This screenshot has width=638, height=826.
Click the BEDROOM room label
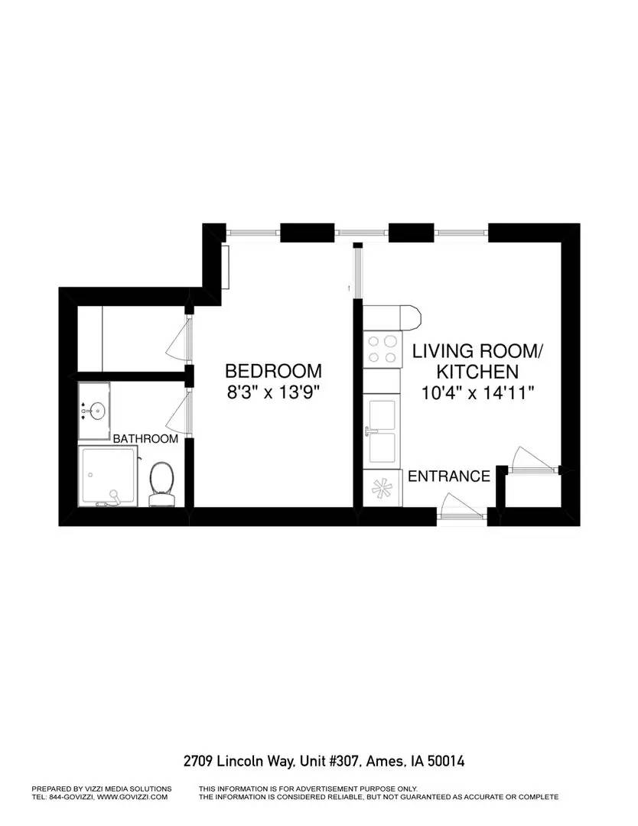[x=273, y=371]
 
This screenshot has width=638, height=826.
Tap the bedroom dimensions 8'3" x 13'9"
[x=273, y=393]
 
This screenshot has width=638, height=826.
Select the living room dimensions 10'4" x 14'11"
[x=477, y=393]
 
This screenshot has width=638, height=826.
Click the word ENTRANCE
[x=449, y=476]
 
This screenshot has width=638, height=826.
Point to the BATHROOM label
[x=145, y=439]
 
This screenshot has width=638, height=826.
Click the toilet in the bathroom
[x=161, y=483]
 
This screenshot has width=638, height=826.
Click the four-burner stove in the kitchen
[x=383, y=349]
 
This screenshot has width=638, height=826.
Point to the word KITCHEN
[x=477, y=372]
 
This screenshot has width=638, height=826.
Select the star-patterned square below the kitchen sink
[x=382, y=487]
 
